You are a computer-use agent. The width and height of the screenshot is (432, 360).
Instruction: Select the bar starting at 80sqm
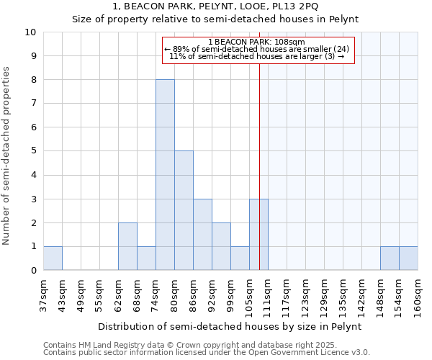click(184, 210)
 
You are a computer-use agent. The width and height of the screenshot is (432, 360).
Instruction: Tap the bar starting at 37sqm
click(53, 258)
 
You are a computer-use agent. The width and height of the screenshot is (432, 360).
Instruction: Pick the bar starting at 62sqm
click(127, 246)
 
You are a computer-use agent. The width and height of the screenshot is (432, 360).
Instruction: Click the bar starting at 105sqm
click(258, 235)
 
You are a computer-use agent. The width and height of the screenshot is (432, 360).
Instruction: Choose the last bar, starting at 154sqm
click(408, 258)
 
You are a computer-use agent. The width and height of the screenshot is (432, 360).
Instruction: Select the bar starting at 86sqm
click(202, 235)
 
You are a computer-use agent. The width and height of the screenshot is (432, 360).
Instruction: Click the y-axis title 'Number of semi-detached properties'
click(7, 156)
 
